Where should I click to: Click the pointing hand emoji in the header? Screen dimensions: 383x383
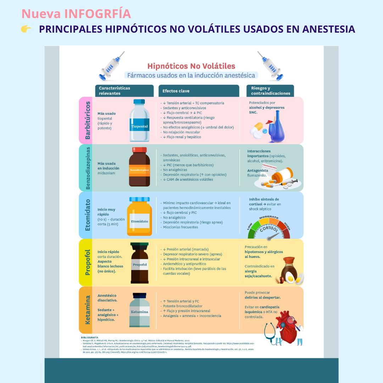pyautogui.click(x=26, y=29)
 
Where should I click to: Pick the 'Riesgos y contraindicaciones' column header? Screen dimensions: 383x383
pyautogui.click(x=270, y=91)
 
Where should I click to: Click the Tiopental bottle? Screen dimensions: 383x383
pyautogui.click(x=139, y=121)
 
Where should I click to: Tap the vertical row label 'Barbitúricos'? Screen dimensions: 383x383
pyautogui.click(x=88, y=120)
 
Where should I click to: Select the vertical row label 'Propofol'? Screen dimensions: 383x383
pyautogui.click(x=88, y=262)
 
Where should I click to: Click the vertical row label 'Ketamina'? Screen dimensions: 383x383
pyautogui.click(x=88, y=310)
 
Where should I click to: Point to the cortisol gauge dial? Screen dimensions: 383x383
pyautogui.click(x=269, y=228)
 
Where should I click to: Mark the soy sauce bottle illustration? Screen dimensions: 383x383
pyautogui.click(x=289, y=269)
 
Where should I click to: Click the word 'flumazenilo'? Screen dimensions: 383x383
pyautogui.click(x=257, y=175)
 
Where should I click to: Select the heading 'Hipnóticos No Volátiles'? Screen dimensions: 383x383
pyautogui.click(x=191, y=66)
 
